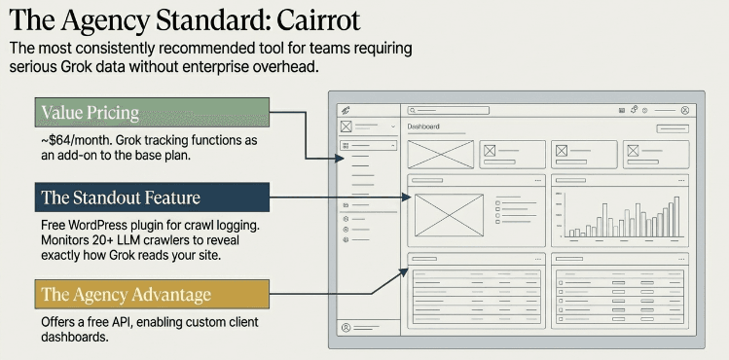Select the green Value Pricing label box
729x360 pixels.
(152, 112)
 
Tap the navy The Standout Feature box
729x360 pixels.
(152, 197)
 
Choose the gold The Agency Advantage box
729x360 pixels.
(152, 294)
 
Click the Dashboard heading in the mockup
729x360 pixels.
(423, 126)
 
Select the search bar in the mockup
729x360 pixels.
(448, 110)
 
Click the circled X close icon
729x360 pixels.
(684, 110)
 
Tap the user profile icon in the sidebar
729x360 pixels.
(346, 328)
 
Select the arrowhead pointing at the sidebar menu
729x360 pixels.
(340, 159)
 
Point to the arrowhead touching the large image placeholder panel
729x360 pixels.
(406, 198)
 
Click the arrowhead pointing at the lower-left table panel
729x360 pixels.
(404, 272)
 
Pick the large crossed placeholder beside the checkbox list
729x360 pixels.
(449, 215)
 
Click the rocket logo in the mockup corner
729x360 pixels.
(346, 110)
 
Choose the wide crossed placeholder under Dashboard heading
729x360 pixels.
(441, 155)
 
